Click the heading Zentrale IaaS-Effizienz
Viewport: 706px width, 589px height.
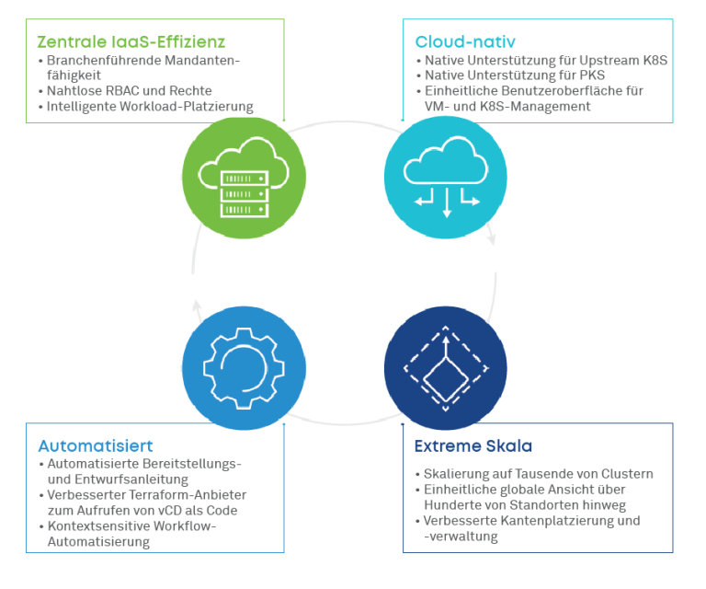click(x=131, y=42)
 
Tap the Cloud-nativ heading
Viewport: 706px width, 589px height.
click(x=465, y=42)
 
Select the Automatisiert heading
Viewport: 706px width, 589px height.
click(x=96, y=445)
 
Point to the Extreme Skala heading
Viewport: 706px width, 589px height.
click(x=473, y=445)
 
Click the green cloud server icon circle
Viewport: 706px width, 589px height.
click(x=244, y=178)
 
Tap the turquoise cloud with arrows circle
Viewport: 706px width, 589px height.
click(x=446, y=178)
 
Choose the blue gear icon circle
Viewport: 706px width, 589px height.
click(x=244, y=368)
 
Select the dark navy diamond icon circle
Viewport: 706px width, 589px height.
click(x=446, y=368)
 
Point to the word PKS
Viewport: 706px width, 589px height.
click(x=592, y=75)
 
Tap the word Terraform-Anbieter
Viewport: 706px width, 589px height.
click(x=188, y=495)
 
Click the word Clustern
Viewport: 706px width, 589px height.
click(x=627, y=474)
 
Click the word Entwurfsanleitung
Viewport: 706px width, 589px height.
click(x=131, y=479)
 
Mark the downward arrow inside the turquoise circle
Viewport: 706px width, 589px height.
click(x=447, y=203)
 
